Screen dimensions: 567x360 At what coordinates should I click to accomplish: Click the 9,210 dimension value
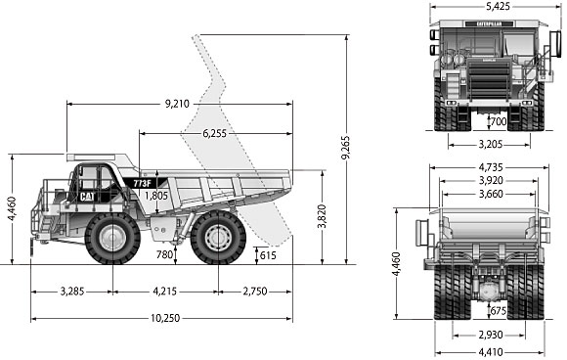pyautogui.click(x=177, y=104)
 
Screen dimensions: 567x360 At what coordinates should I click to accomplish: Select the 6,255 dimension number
pyautogui.click(x=214, y=133)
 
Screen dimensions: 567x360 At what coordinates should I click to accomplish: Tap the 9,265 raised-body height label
pyautogui.click(x=346, y=148)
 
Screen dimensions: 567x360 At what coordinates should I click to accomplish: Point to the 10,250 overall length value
pyautogui.click(x=165, y=318)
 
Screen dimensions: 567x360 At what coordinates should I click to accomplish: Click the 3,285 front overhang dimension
pyautogui.click(x=72, y=292)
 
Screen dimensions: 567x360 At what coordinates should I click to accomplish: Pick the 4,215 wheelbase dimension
pyautogui.click(x=165, y=292)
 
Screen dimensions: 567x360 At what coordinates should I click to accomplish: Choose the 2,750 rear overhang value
pyautogui.click(x=255, y=292)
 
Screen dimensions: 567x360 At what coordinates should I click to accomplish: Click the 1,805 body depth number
pyautogui.click(x=156, y=196)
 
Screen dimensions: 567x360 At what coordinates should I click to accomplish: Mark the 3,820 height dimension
pyautogui.click(x=322, y=216)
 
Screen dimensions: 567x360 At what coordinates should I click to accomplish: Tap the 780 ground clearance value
pyautogui.click(x=164, y=254)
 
